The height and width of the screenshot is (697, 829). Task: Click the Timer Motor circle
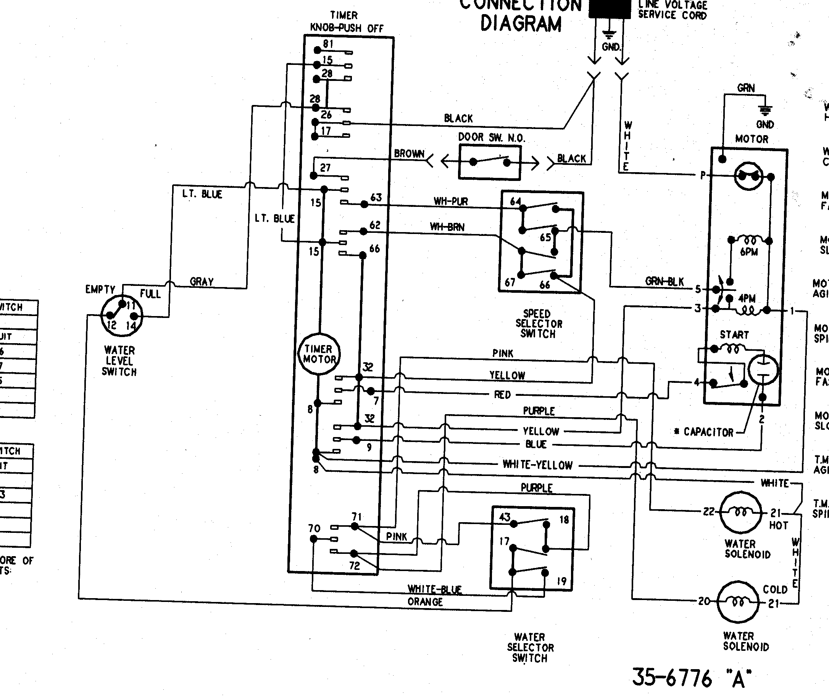[319, 354]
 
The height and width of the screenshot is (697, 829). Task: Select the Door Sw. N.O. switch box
[490, 162]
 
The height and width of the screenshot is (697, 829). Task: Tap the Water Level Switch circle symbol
[121, 316]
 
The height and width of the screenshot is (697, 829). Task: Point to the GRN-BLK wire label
[664, 281]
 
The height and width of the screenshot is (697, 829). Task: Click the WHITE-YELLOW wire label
[537, 465]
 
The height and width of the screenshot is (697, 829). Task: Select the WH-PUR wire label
[450, 202]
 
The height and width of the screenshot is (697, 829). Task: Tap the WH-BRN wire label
[447, 227]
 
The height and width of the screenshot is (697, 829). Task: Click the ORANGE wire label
[425, 602]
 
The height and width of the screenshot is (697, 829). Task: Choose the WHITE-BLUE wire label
[435, 589]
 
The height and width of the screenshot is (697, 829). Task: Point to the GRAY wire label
[202, 282]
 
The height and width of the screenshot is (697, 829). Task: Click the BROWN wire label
[409, 154]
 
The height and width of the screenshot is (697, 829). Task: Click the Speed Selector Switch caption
[538, 324]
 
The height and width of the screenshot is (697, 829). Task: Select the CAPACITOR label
[708, 432]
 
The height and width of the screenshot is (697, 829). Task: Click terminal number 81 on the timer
[328, 44]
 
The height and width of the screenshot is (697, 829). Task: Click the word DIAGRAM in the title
[521, 24]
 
